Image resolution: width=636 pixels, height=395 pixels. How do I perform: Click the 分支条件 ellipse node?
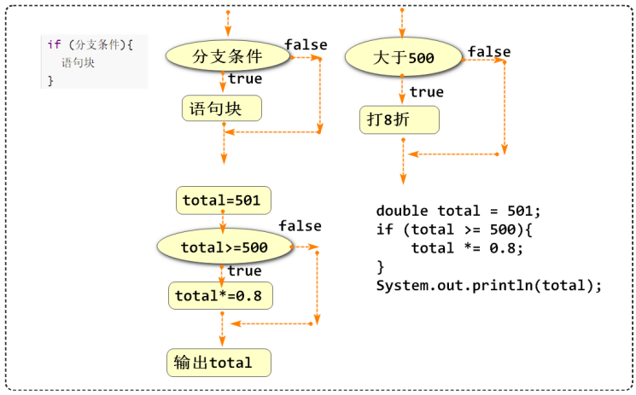(x=226, y=56)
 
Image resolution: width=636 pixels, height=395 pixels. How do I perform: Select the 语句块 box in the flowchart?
(x=221, y=108)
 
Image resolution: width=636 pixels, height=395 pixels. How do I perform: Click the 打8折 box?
(x=399, y=120)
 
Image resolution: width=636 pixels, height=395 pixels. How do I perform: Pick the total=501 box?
(x=223, y=200)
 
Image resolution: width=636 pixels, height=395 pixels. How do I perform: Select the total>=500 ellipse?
(x=224, y=247)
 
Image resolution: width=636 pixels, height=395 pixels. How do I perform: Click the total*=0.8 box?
(x=219, y=296)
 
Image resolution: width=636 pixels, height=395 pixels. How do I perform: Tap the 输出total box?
(x=219, y=363)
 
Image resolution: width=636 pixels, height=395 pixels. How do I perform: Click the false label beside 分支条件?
(x=306, y=44)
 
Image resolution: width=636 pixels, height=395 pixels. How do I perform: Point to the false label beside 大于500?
(x=489, y=52)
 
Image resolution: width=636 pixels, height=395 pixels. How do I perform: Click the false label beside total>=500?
(x=300, y=226)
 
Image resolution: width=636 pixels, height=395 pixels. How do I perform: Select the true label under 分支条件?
(x=245, y=79)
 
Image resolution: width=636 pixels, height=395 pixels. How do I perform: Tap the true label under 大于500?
(x=426, y=92)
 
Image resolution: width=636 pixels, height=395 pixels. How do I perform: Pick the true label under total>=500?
(x=244, y=270)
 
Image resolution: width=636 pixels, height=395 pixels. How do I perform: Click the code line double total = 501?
(x=458, y=211)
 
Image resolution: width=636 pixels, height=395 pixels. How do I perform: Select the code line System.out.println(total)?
(x=489, y=285)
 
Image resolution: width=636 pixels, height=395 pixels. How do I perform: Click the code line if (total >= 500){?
(x=454, y=229)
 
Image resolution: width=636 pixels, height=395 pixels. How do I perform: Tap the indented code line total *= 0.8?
(x=466, y=248)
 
